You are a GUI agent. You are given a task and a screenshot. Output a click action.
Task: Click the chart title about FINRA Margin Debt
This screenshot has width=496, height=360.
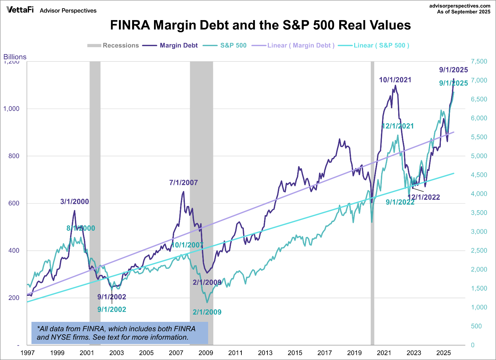pos(260,25)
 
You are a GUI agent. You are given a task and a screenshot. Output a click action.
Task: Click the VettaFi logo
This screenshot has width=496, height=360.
pos(20,10)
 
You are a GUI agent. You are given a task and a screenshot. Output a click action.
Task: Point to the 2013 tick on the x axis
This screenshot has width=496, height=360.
pos(265,353)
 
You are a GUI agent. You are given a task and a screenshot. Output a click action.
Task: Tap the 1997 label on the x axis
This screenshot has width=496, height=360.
pos(27,353)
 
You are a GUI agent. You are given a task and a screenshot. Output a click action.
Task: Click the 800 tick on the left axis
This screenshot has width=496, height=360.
pos(14,156)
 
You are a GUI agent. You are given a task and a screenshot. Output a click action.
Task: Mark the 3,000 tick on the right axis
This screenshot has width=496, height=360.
pos(479,232)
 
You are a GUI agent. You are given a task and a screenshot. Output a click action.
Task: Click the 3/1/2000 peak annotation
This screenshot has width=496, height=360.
pos(75,202)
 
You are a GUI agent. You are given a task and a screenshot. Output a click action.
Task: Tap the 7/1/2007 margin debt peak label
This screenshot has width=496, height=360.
pos(183,182)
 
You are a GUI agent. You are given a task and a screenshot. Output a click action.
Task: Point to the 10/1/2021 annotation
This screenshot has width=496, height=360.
pos(395,80)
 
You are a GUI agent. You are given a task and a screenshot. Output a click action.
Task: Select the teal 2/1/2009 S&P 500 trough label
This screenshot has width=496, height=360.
pos(207,312)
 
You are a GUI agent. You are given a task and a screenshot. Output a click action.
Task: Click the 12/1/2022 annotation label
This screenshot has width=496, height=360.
pos(424,197)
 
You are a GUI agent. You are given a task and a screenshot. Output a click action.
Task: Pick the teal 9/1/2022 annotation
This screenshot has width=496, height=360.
pos(400,202)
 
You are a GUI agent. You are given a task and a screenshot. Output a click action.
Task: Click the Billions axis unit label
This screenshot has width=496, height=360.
pos(15,57)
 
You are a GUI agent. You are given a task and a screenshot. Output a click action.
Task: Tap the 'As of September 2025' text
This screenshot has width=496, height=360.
pos(464,12)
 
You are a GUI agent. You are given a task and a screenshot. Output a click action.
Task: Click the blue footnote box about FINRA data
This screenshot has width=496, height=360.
pos(120,333)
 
